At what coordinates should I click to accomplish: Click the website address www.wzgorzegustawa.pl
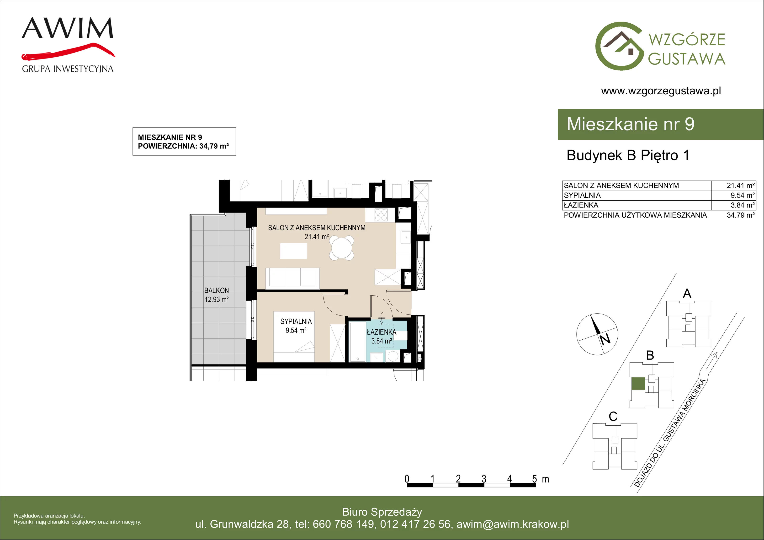tap(661, 91)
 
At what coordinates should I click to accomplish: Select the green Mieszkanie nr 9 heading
tap(630, 124)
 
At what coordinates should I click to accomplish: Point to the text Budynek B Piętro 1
tap(628, 155)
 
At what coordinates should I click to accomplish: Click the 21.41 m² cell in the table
tap(740, 185)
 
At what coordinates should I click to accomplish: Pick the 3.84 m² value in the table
tap(742, 205)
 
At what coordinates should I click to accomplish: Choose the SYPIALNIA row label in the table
tap(582, 195)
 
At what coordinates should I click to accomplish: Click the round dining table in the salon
tap(342, 248)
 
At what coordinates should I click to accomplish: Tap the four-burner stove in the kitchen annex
tap(381, 215)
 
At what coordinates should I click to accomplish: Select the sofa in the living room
tap(292, 278)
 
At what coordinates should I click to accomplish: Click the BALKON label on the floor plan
tap(217, 291)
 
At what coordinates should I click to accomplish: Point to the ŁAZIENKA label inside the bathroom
tap(381, 332)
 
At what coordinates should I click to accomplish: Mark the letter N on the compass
tap(605, 339)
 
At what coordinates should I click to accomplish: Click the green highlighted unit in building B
tap(638, 384)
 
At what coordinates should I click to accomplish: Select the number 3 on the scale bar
tap(484, 479)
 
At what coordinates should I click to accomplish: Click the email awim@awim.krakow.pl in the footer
tap(513, 524)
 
